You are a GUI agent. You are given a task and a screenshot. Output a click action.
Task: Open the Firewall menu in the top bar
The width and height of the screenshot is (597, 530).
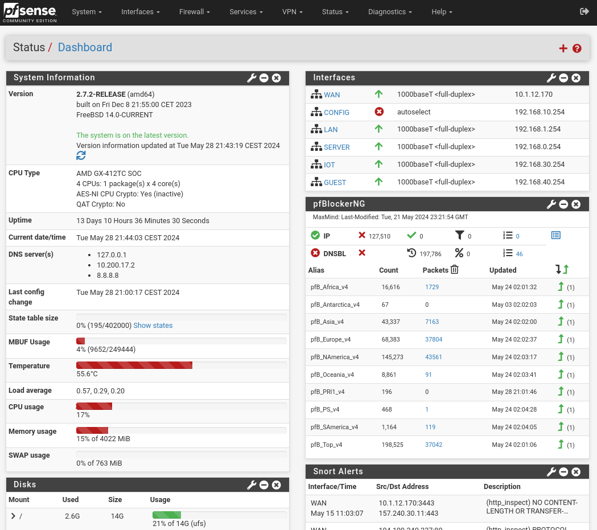click(x=194, y=12)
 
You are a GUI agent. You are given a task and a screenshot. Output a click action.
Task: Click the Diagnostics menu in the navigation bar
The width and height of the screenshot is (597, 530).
click(x=390, y=12)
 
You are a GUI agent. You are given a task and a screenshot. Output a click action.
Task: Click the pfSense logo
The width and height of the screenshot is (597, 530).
click(x=30, y=13)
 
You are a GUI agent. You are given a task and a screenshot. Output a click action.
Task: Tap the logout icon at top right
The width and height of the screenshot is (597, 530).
click(x=584, y=11)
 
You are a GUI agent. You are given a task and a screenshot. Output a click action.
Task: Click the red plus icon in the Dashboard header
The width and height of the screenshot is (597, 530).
click(x=563, y=48)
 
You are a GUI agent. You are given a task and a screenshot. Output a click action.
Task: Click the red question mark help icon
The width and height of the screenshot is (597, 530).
click(x=577, y=48)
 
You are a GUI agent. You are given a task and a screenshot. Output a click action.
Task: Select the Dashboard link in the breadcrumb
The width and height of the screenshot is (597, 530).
click(x=85, y=47)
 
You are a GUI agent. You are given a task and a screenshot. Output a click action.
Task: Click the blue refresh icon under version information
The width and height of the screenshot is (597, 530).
click(x=81, y=155)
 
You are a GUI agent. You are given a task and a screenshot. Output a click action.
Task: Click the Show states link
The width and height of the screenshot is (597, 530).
click(x=153, y=326)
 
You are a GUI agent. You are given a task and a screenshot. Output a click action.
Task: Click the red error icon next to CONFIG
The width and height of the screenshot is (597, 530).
click(x=379, y=112)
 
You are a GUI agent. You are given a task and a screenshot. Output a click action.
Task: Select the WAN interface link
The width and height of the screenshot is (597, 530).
click(x=332, y=95)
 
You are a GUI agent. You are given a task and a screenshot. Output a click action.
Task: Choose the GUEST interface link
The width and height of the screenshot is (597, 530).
click(x=335, y=182)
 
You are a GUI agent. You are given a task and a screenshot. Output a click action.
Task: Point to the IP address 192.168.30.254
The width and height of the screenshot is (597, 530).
click(x=540, y=165)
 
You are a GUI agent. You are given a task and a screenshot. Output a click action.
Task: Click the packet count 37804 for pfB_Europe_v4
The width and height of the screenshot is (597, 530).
click(x=434, y=339)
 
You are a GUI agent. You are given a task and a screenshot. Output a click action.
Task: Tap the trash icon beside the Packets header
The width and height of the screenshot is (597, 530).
click(x=454, y=270)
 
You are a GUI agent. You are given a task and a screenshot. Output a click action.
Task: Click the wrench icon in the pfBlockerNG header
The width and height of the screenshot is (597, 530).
click(x=551, y=204)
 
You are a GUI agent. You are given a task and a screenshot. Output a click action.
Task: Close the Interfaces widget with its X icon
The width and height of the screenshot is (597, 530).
click(x=576, y=78)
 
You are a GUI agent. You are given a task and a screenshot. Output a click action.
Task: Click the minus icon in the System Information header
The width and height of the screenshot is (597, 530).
click(x=264, y=78)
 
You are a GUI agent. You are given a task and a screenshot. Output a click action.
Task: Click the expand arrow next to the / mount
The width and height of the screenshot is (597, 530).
click(x=13, y=516)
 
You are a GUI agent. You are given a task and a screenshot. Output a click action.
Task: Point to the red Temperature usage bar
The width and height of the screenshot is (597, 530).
click(x=134, y=365)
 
